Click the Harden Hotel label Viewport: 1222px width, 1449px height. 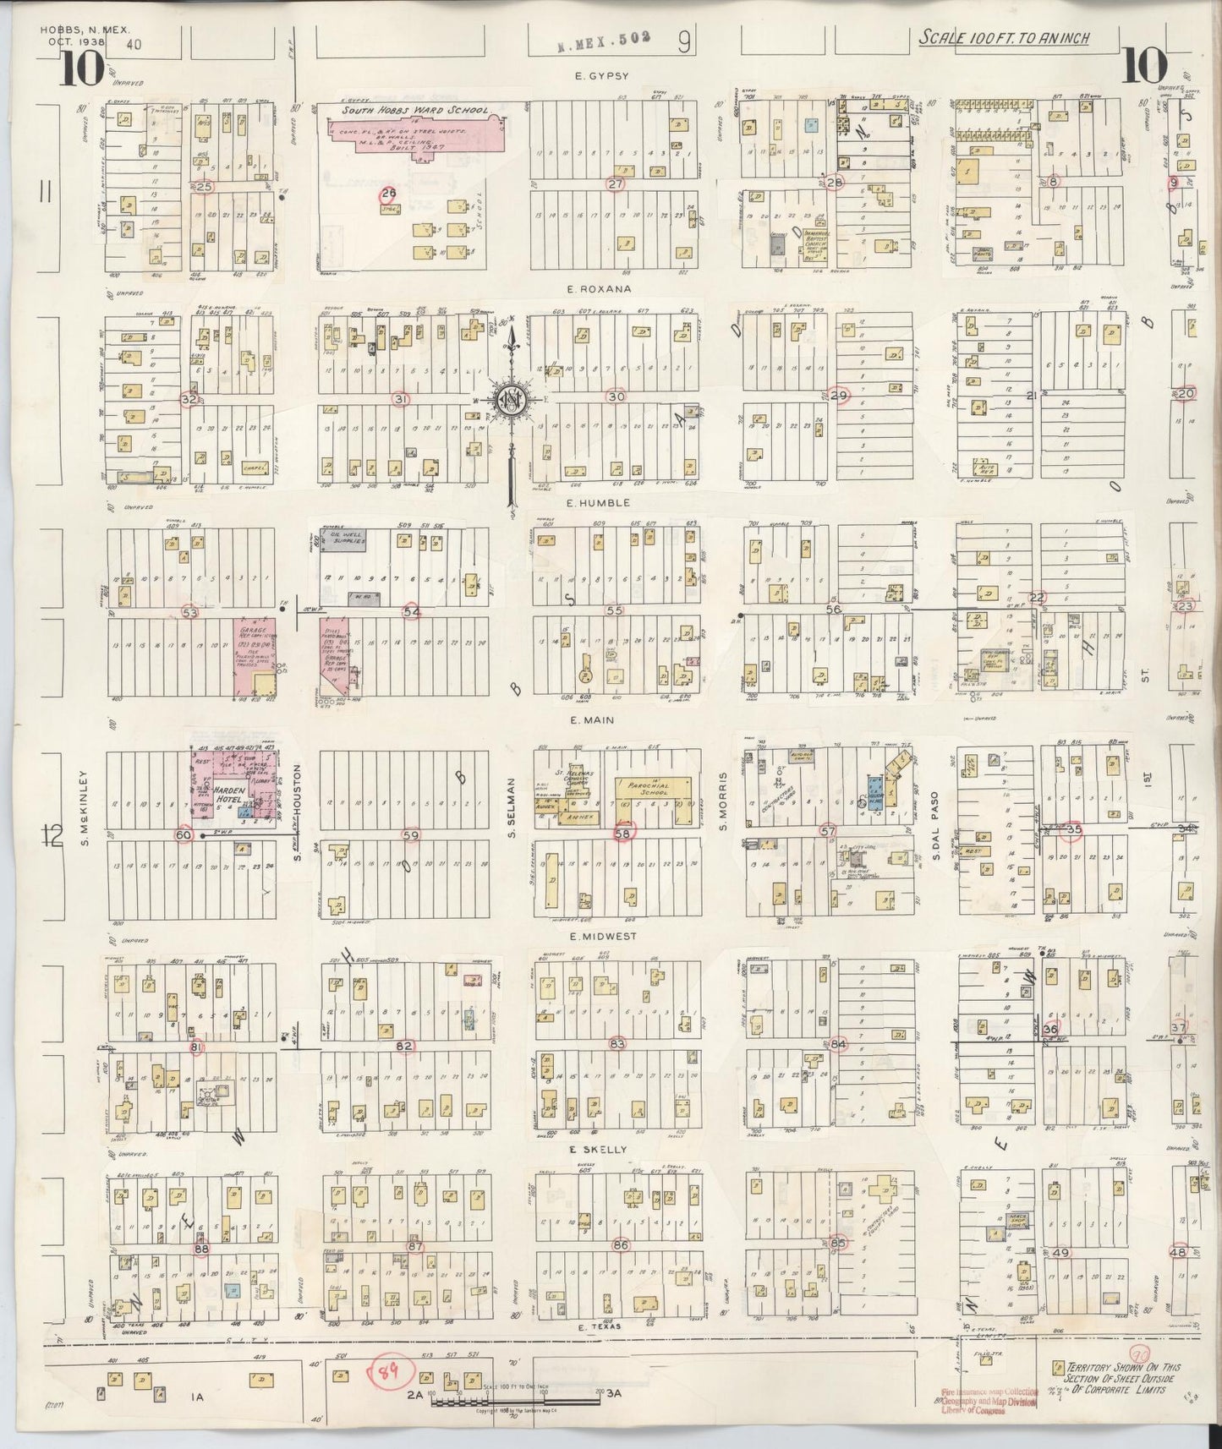212,790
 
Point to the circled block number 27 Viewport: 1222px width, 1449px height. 615,183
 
